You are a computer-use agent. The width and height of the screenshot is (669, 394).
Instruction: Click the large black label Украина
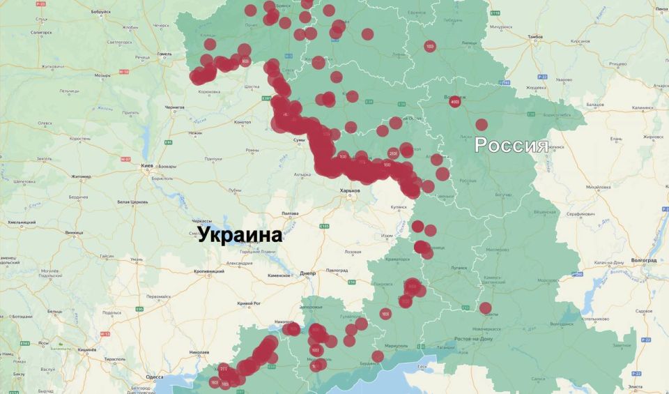click(x=240, y=234)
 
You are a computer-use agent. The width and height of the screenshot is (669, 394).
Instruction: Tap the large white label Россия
click(x=511, y=146)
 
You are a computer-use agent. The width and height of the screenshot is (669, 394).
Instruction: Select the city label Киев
click(x=147, y=166)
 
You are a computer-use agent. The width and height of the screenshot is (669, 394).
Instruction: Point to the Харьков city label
click(x=349, y=190)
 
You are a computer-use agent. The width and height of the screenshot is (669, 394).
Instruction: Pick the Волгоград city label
click(x=623, y=260)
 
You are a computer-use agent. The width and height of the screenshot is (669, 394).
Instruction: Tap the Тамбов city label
click(x=535, y=36)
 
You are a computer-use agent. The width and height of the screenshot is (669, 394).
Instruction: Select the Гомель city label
click(x=164, y=54)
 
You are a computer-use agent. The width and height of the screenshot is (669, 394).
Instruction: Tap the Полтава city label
click(x=289, y=213)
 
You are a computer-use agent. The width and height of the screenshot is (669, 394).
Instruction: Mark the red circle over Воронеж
click(x=455, y=102)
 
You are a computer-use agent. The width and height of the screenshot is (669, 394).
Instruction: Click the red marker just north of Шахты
click(x=485, y=308)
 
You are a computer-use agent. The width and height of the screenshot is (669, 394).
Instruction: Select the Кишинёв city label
click(x=86, y=349)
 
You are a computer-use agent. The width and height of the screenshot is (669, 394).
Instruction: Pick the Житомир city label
click(x=81, y=176)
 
